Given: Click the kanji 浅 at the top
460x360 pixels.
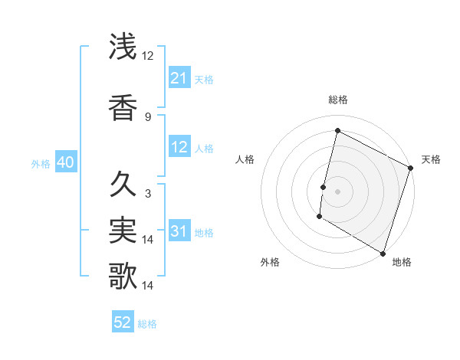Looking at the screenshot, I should (123, 47).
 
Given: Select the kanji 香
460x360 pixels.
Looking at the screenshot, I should (123, 106).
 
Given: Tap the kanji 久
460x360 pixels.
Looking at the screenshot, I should (123, 185).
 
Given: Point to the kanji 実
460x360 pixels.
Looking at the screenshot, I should (123, 230).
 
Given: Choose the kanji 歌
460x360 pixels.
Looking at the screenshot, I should (123, 275).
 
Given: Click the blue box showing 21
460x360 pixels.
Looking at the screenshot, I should (179, 78).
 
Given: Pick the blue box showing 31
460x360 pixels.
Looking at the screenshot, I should (179, 232).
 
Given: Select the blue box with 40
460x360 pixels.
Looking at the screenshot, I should (65, 163).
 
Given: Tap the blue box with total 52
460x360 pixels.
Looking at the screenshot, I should (123, 323).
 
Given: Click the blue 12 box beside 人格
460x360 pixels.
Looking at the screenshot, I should (179, 148).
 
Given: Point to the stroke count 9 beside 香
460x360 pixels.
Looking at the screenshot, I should (147, 116).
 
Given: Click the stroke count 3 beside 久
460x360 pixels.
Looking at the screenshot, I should (147, 194).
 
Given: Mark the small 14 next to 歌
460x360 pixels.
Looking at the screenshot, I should (149, 285).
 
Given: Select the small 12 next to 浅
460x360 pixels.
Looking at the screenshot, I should (148, 57).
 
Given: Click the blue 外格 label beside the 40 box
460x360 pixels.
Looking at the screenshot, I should (41, 163).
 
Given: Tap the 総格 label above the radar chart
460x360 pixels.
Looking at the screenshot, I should (337, 100).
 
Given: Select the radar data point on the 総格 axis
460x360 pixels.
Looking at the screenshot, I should (337, 131).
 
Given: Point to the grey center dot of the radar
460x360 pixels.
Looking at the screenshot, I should (337, 191).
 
